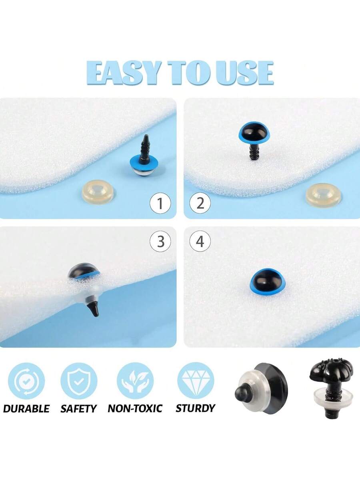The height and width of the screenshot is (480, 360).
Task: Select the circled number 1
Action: [x=160, y=203]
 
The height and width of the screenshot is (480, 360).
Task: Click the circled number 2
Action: [x=200, y=203]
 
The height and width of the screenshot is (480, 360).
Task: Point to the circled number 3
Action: [x=160, y=242]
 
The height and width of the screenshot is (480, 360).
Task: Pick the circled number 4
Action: [x=200, y=242]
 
